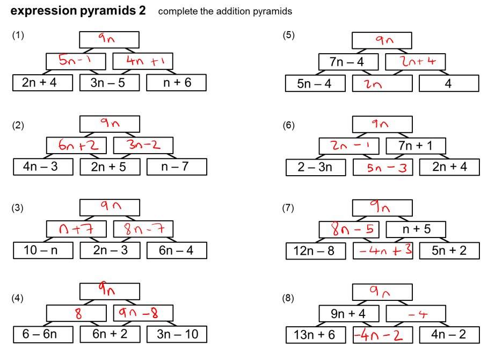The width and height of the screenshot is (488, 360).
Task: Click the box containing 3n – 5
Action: point(109,83)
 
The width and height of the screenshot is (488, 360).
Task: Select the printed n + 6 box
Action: point(176,83)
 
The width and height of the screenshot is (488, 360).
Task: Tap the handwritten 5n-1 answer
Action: point(76,61)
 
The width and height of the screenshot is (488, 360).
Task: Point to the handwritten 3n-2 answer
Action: point(143,145)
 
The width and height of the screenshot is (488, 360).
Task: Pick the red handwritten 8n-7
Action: point(143,229)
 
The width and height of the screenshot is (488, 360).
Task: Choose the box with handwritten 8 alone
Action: point(76,313)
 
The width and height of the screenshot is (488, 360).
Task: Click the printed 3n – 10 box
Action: point(176,334)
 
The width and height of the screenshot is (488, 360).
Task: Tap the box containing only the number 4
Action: point(449,84)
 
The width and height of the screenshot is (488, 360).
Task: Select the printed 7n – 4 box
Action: point(348,62)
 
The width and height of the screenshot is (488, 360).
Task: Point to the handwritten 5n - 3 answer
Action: point(383,168)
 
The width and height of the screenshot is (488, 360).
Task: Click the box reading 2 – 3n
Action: point(315,167)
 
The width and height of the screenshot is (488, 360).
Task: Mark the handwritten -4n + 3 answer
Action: point(383,251)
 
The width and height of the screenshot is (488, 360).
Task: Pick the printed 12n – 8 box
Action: point(315,251)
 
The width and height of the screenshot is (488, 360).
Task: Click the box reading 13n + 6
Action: point(315,335)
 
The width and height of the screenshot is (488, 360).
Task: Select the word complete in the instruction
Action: point(177,11)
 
